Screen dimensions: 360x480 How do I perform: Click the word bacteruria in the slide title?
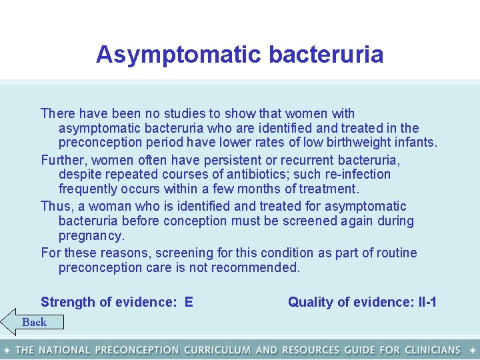point(326,55)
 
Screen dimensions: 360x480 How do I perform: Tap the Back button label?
point(34,323)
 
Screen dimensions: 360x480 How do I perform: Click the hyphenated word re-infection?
point(357,175)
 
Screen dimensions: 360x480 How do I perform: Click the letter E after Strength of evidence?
point(189,303)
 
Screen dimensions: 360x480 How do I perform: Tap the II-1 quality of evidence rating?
point(425,303)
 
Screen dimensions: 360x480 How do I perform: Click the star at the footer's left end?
point(7,350)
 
